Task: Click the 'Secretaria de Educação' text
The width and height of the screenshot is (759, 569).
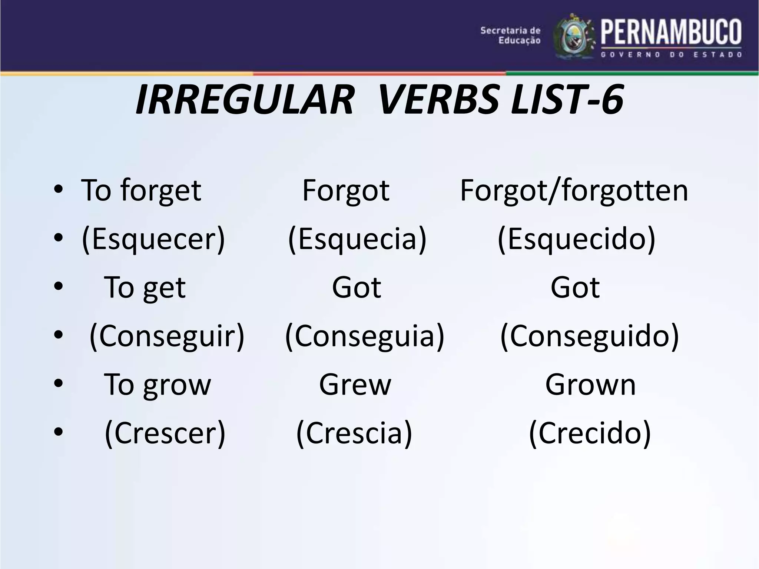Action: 510,35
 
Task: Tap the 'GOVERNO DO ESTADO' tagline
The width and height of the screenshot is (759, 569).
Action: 671,55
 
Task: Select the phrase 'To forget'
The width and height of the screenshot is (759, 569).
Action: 141,191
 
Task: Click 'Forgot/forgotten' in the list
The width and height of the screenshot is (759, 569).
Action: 574,191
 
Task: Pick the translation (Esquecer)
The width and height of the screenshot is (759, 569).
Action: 153,239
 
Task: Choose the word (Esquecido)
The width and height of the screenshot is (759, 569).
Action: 576,239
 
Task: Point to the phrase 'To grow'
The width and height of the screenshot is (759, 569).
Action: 157,385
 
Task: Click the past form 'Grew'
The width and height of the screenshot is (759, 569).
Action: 355,385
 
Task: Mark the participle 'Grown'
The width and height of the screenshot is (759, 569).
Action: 590,385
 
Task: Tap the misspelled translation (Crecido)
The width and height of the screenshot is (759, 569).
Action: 590,433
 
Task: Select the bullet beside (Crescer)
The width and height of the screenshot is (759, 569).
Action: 59,432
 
